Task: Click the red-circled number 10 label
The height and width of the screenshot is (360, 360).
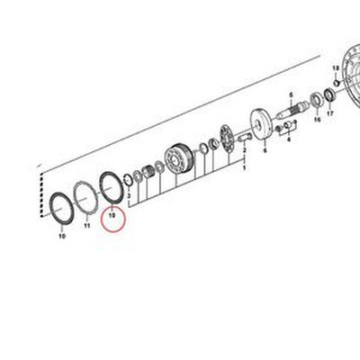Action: (x=112, y=216)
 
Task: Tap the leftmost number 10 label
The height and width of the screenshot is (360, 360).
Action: (x=61, y=237)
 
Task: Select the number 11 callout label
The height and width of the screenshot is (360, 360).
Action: (x=87, y=226)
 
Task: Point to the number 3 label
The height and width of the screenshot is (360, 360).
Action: (x=130, y=195)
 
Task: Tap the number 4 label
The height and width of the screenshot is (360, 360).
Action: (x=289, y=141)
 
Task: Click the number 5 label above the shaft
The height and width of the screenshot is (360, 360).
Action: (x=292, y=93)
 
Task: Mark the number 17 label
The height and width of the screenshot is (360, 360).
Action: (x=329, y=115)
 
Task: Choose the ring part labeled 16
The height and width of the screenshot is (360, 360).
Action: (x=317, y=99)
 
